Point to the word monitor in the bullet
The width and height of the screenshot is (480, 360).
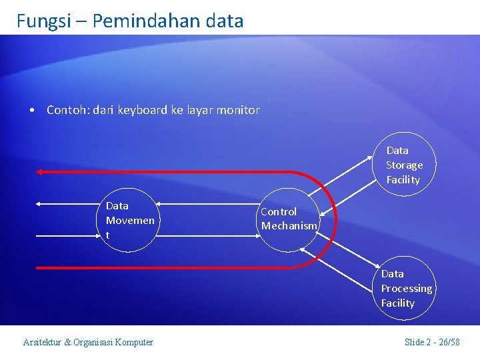coord(238,110)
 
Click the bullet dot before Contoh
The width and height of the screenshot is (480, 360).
coord(32,111)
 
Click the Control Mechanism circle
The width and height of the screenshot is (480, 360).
coord(288,219)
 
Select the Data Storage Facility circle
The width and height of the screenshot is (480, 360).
coord(404,165)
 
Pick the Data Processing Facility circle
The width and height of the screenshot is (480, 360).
coord(405,289)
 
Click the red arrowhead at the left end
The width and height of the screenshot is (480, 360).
coord(40,172)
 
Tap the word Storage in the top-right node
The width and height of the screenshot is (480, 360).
coord(404,165)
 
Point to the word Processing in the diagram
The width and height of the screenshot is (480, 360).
coord(406,289)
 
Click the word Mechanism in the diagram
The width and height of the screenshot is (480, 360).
coord(289,226)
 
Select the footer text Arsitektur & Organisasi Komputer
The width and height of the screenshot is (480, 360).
coord(88,343)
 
